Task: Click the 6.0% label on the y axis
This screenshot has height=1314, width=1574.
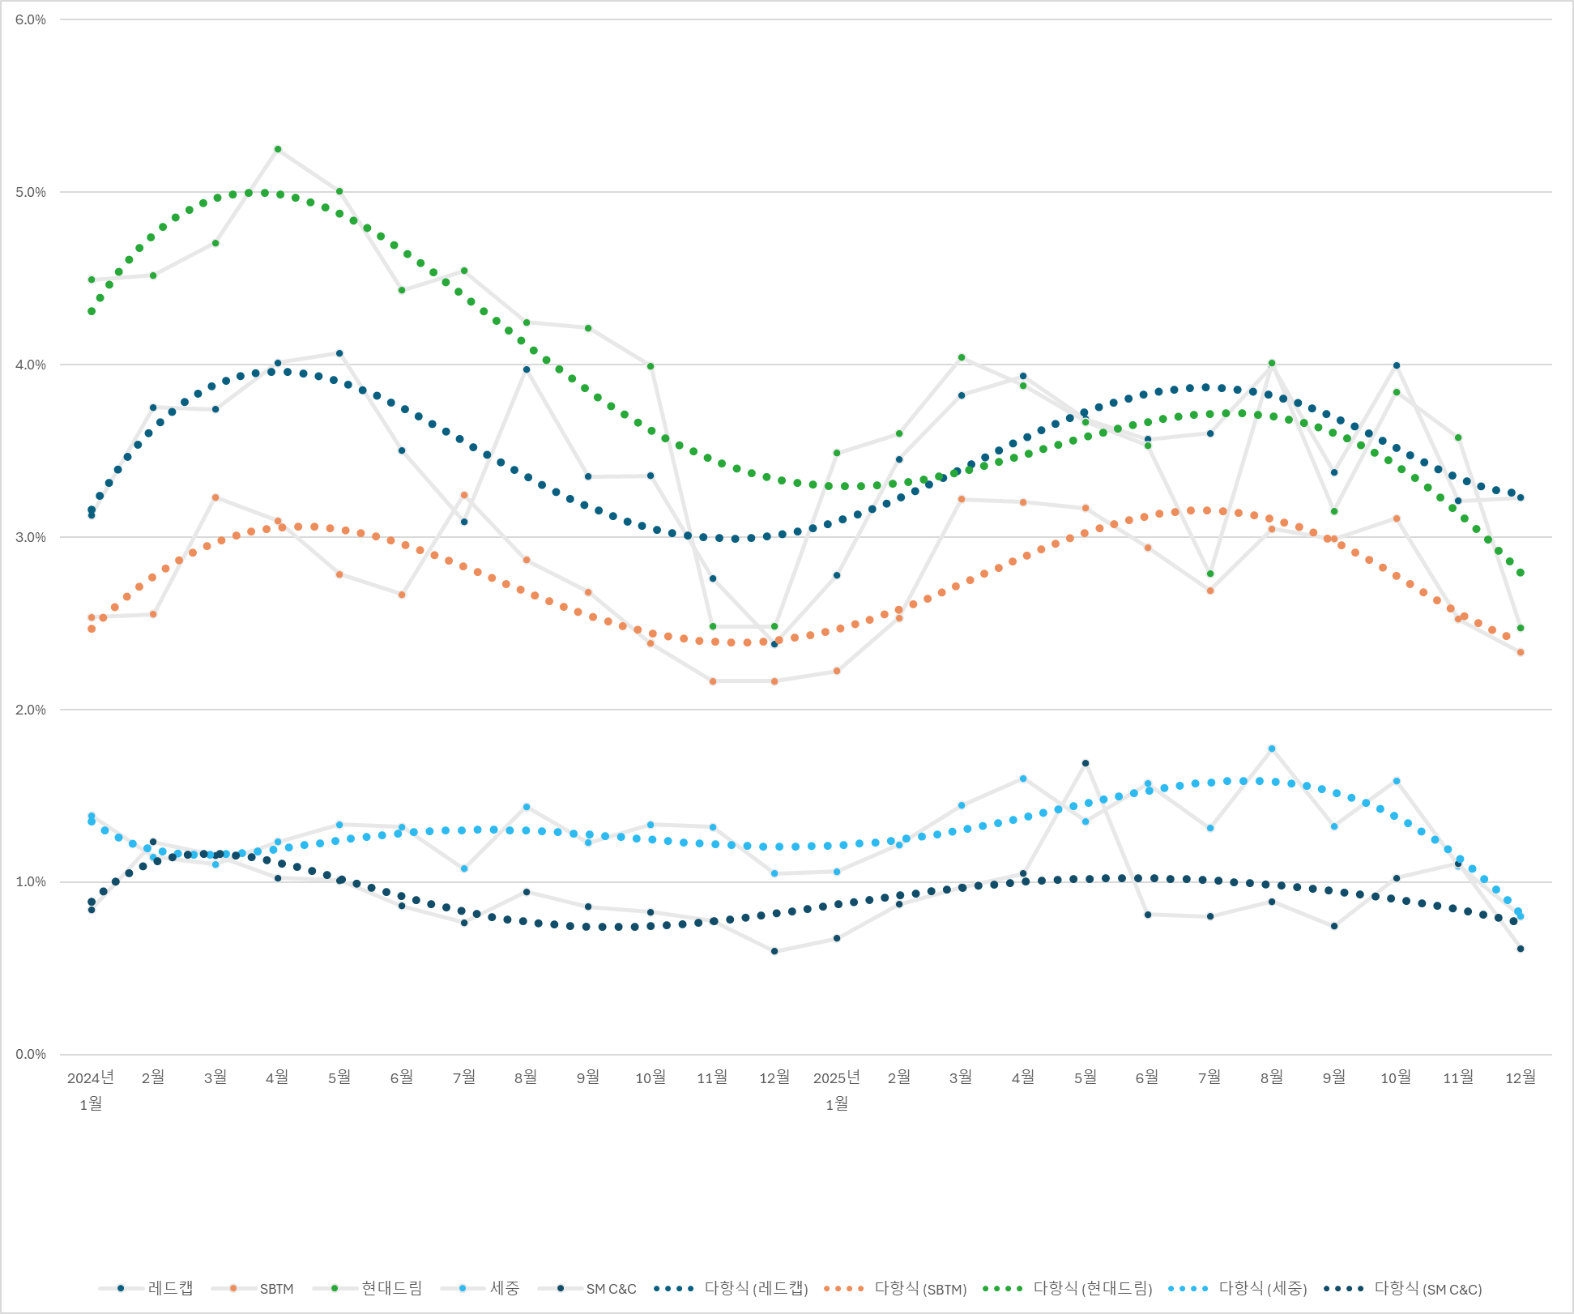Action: (x=31, y=19)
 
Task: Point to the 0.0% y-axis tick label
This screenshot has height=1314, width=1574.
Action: (x=31, y=1054)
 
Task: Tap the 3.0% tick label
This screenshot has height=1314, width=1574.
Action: (x=31, y=537)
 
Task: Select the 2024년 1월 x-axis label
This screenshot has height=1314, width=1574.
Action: (x=91, y=1090)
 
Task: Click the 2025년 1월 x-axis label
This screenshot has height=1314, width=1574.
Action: (x=837, y=1090)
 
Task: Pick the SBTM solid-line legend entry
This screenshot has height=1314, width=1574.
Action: (x=253, y=1288)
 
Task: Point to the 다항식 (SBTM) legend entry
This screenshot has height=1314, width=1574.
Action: (x=896, y=1288)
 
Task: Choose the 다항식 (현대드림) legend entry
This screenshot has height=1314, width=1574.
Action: (x=1068, y=1288)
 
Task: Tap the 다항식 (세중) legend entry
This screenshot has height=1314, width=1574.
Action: (x=1238, y=1288)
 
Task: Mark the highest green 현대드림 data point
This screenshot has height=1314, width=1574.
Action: (x=278, y=149)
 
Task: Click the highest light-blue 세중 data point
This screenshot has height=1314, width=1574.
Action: (x=1272, y=749)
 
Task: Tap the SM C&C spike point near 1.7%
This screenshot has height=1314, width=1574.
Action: (x=1086, y=763)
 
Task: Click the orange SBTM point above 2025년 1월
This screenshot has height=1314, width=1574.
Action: (x=837, y=671)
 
